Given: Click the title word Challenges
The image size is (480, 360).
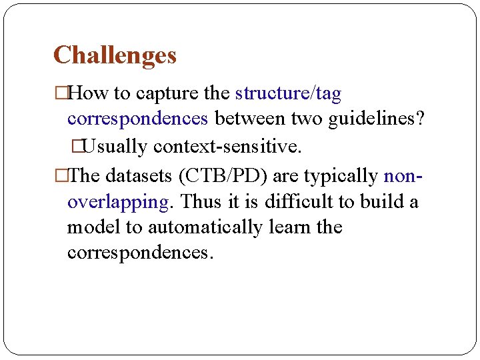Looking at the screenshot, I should pos(115,55).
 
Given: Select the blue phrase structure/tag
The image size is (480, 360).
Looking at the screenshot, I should pos(288,94).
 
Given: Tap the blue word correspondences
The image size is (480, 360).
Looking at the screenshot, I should pos(138,119).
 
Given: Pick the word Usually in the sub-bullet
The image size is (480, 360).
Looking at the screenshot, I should pos(116,146).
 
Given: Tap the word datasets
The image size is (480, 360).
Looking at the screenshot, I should pos(138,176).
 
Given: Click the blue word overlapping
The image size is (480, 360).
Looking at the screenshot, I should pos(118,201).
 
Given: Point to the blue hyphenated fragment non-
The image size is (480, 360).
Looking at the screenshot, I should pos(403,176).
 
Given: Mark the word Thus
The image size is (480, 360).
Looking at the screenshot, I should pos(201,201).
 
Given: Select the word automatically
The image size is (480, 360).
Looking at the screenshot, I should pos(205,227).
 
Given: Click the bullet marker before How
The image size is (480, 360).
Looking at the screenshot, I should pos(61,94).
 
